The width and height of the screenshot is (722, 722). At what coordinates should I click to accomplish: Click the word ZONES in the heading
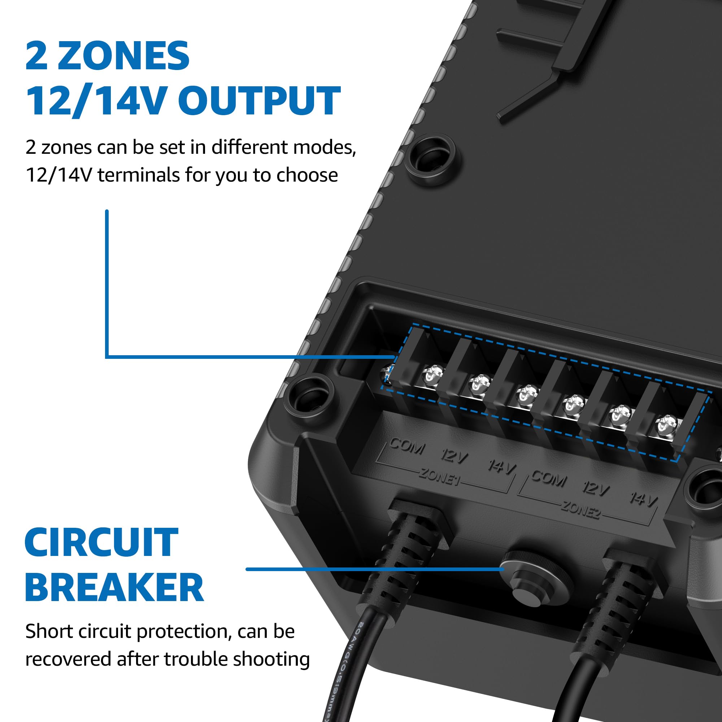(123, 56)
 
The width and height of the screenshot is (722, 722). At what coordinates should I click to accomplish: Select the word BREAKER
(114, 587)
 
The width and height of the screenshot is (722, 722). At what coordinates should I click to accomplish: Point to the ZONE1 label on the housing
(439, 477)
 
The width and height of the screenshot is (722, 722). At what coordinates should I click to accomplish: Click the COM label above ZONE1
(407, 446)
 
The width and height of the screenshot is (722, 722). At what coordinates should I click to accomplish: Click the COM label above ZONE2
(549, 478)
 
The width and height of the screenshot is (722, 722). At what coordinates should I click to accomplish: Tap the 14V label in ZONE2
(643, 499)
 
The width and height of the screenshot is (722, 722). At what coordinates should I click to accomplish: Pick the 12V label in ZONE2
(596, 488)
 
